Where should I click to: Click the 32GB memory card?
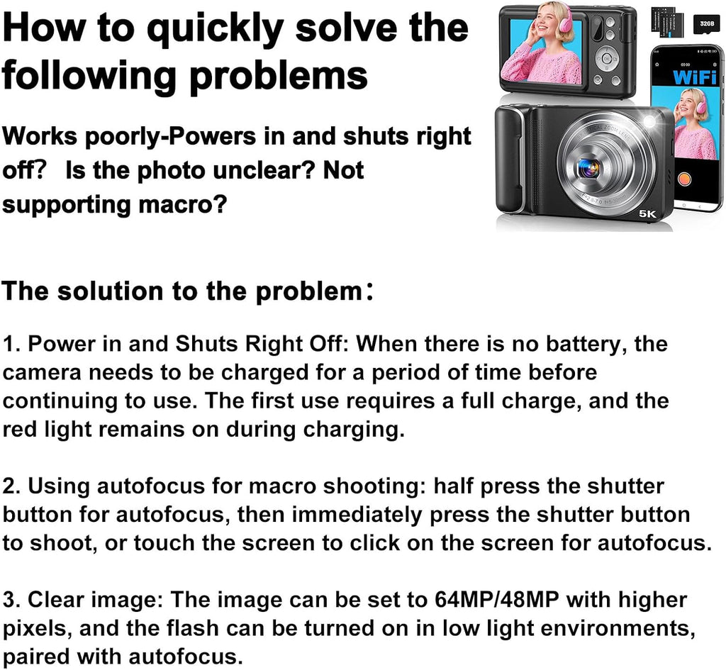(707, 23)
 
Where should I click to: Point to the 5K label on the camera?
(647, 213)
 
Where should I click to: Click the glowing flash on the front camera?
(649, 121)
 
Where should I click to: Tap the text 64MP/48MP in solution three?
(497, 600)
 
